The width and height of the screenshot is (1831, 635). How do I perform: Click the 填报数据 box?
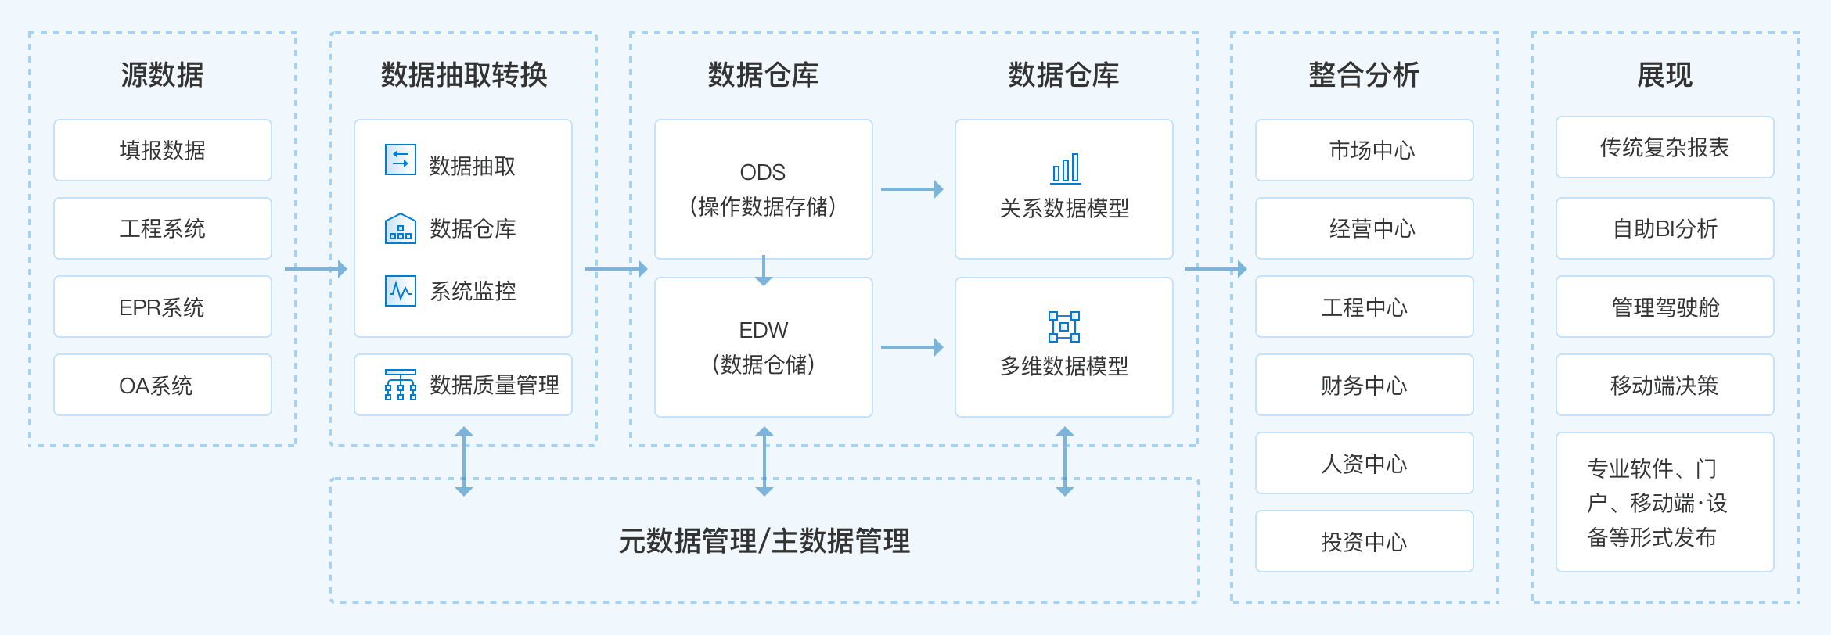click(163, 150)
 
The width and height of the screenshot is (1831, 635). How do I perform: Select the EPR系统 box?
click(163, 307)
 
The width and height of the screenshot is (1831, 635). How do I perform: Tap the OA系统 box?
click(163, 385)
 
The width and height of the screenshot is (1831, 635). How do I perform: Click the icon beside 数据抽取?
click(401, 160)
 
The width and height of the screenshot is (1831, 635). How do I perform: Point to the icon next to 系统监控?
click(401, 291)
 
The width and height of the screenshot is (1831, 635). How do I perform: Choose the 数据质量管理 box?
click(463, 385)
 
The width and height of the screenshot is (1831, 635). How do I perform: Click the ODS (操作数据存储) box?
click(763, 189)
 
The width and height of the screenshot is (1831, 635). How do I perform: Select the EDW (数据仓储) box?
click(763, 347)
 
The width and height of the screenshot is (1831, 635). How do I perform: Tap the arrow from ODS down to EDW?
click(764, 271)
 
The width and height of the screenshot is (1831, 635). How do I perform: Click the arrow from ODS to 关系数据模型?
click(912, 189)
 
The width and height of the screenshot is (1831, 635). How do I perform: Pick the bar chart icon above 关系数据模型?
click(1065, 169)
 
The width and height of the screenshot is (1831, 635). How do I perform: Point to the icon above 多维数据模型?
click(1064, 327)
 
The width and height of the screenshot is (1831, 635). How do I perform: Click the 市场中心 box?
click(1365, 150)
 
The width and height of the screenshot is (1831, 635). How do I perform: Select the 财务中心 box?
click(1365, 385)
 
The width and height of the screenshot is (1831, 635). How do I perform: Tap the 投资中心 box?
click(1365, 541)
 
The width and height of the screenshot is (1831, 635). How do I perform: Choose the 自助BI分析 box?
click(1665, 228)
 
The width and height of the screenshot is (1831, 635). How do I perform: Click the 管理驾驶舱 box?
click(1665, 307)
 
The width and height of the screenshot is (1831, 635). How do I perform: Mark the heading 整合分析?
click(1364, 75)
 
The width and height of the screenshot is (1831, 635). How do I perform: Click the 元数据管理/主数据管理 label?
click(764, 541)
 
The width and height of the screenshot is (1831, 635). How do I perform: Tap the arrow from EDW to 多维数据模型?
click(912, 347)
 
